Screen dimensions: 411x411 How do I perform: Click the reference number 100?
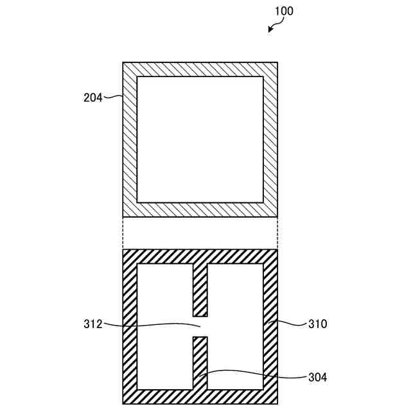[284, 12]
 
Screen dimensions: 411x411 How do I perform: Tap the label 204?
[92, 98]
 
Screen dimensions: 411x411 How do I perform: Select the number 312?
[92, 324]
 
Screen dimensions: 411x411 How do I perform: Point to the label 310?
[317, 324]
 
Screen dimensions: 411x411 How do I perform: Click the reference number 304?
[317, 378]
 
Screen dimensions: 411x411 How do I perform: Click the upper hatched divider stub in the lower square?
[200, 290]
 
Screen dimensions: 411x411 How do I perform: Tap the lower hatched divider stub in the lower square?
[200, 363]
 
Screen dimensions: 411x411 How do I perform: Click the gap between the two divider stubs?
[200, 327]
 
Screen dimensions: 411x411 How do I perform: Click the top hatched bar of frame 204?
[200, 69]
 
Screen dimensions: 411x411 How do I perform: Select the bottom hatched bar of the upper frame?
[200, 210]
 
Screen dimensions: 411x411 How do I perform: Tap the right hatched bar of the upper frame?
[270, 139]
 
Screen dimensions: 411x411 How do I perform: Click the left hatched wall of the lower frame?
[130, 327]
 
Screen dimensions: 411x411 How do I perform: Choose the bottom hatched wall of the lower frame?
[200, 398]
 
